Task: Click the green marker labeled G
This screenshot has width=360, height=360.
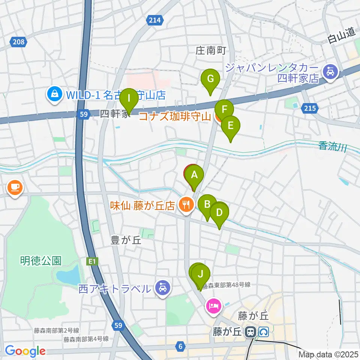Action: click(x=210, y=79)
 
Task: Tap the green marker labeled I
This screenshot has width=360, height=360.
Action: click(x=129, y=99)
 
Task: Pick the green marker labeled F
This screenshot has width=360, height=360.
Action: click(x=225, y=110)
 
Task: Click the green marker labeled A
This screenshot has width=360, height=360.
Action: click(x=194, y=175)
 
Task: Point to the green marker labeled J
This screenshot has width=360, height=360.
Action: click(x=201, y=274)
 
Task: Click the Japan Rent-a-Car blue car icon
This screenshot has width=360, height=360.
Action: click(x=330, y=70)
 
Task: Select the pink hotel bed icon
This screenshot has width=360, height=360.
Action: click(x=214, y=305)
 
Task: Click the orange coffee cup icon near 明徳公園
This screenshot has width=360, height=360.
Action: click(x=15, y=187)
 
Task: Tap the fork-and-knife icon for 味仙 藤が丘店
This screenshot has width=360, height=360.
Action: click(x=185, y=205)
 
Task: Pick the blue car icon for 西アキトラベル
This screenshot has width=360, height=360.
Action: click(x=162, y=288)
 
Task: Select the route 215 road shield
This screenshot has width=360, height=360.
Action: click(x=309, y=108)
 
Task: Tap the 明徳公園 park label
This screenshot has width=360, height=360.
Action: click(x=41, y=261)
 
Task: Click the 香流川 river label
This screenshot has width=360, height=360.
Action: click(x=332, y=146)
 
